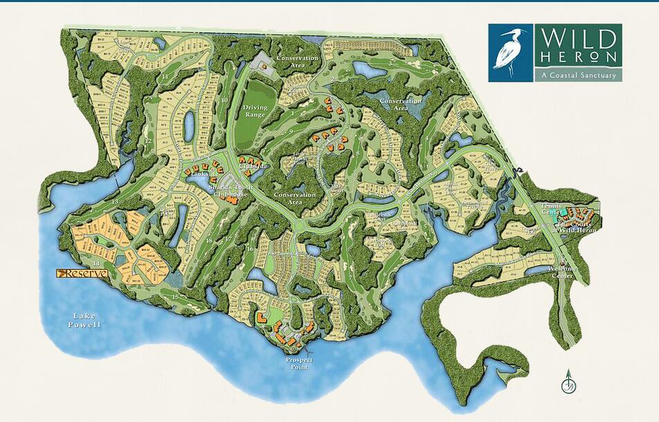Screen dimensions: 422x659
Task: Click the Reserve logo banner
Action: (82, 273)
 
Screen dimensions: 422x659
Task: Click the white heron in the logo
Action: (511, 53)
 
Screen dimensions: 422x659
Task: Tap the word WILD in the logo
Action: (577, 37)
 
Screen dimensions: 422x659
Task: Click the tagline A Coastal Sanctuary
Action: (577, 75)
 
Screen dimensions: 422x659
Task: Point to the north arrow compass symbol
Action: (567, 380)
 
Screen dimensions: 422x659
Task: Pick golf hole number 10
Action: (224, 99)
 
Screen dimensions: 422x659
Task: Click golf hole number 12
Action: (147, 140)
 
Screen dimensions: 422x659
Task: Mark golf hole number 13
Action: (116, 201)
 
